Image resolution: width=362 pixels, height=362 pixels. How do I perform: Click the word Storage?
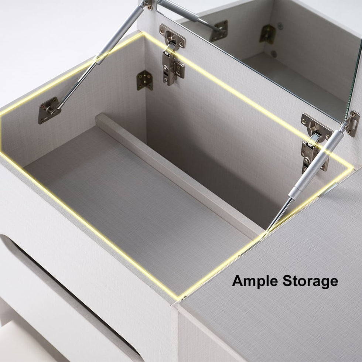click(310, 281)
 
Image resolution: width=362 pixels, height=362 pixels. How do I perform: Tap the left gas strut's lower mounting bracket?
click(49, 110)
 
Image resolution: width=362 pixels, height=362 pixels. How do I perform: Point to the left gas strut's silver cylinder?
click(120, 33)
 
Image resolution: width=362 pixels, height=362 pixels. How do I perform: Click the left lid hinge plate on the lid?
click(172, 37)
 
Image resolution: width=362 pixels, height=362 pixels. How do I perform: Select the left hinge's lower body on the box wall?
click(173, 67)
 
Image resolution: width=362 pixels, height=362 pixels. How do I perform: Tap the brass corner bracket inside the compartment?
click(145, 81)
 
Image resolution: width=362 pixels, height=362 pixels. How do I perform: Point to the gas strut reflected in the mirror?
click(189, 14)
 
